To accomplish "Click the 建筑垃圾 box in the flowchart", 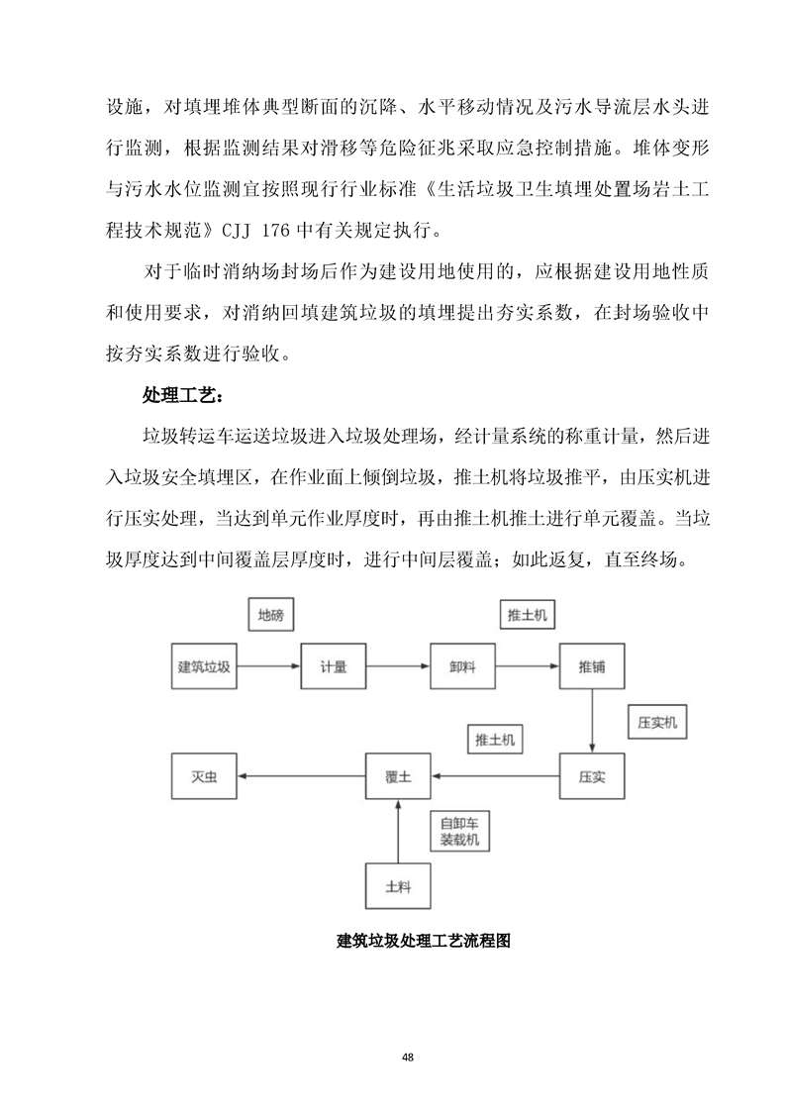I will coord(204,667).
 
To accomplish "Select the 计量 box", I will coord(333,667).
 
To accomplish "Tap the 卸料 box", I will coord(461,667).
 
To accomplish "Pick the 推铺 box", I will coord(592,667).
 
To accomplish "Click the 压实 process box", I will coord(592,777).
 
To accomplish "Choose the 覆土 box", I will coord(398,777).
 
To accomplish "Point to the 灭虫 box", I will coord(204,777).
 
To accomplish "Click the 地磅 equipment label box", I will coord(270,615).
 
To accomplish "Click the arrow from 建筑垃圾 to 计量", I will coord(268,667).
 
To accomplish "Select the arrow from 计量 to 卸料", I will coord(397,667).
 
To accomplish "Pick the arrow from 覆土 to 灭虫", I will coord(301,777).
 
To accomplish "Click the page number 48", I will coord(408,1058).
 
